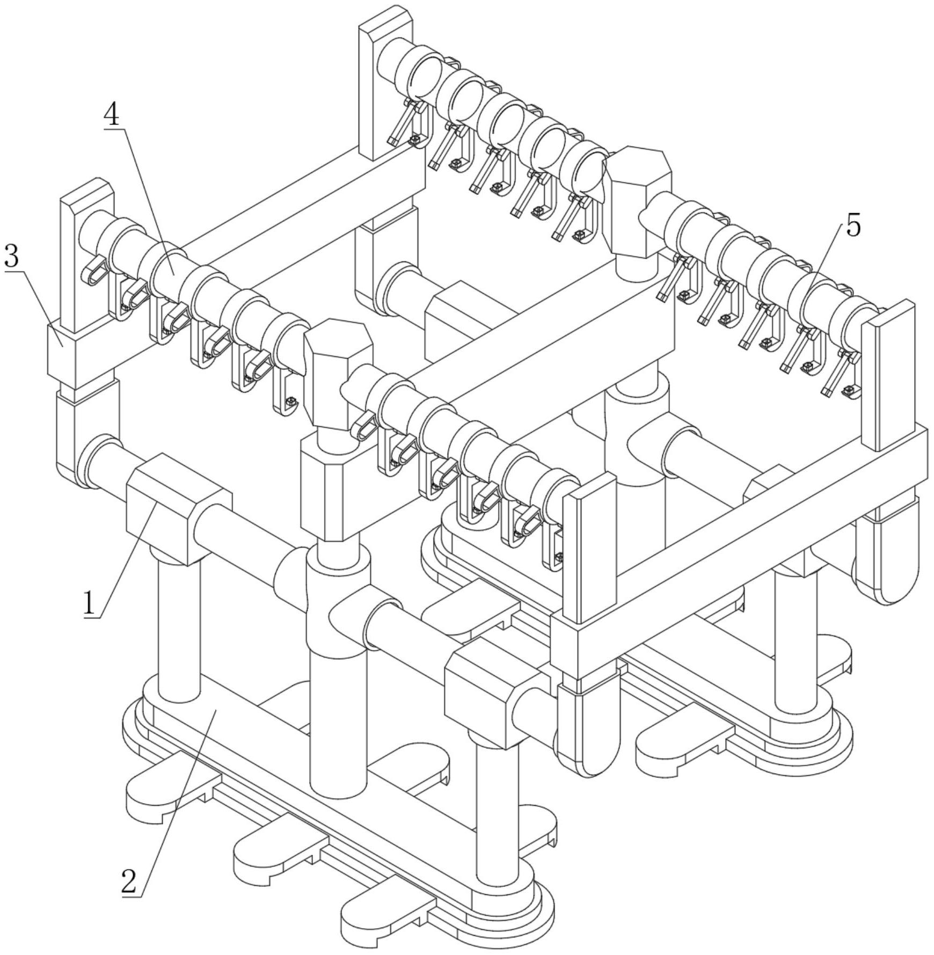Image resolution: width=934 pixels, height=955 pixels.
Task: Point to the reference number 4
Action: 112,115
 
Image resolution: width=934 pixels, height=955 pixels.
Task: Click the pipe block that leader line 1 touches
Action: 179,508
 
